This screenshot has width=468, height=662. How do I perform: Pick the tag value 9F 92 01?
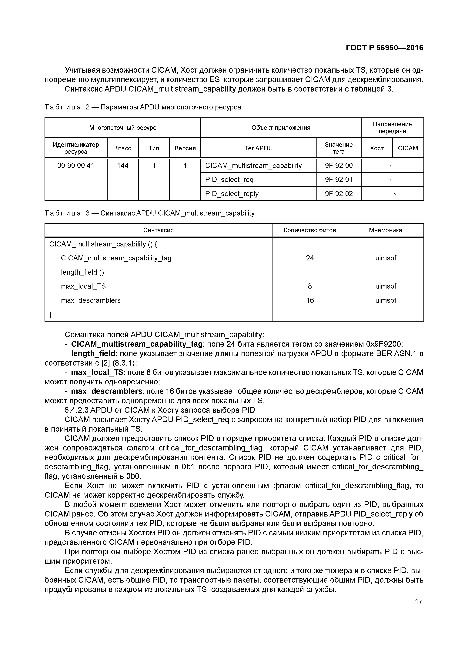click(339, 180)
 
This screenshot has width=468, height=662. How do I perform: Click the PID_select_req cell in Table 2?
click(229, 180)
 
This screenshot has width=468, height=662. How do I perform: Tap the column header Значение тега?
click(339, 148)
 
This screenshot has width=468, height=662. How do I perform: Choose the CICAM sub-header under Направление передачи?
click(408, 148)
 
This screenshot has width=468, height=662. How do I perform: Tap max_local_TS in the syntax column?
click(83, 286)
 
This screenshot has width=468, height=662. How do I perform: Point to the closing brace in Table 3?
click(51, 315)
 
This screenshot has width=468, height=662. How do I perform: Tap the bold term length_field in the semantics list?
click(93, 353)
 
